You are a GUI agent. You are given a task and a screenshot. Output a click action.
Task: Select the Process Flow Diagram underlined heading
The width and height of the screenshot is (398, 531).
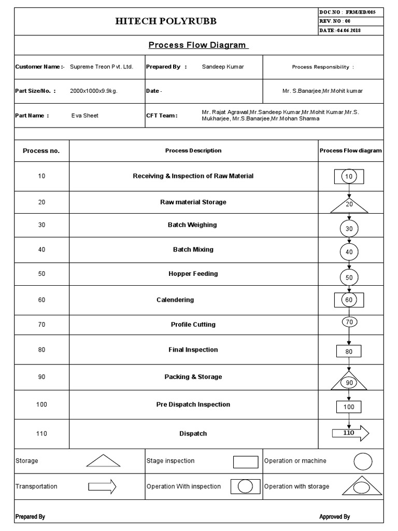coord(197,45)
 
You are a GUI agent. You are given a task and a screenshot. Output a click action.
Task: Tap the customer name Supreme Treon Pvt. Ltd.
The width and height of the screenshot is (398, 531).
coord(102,67)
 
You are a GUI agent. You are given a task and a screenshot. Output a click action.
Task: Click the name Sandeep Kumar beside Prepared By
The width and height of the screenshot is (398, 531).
coord(223,67)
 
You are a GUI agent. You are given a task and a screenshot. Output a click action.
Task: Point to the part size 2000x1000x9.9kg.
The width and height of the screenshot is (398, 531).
coord(94,91)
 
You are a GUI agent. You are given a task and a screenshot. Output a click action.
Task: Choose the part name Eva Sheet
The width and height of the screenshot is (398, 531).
coord(84,116)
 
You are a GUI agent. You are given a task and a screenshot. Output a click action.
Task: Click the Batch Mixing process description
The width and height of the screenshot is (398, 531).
coord(193,249)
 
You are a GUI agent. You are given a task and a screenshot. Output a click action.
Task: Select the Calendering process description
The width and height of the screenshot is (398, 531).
coord(175,300)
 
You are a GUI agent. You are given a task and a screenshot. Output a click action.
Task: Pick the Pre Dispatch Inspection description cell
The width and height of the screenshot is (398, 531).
coord(193,404)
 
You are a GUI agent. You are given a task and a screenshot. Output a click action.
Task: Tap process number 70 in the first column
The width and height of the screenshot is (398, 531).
coord(41,325)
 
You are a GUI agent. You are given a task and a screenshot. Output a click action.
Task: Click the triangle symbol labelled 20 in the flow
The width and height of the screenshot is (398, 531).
coord(349,205)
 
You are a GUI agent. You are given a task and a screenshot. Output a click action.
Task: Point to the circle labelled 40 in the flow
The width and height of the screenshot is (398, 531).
coord(349,252)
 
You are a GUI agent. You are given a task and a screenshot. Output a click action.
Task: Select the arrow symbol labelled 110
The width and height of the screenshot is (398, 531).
coord(350,432)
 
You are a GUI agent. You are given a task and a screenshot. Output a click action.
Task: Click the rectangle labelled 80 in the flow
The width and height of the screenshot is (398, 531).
coord(349,352)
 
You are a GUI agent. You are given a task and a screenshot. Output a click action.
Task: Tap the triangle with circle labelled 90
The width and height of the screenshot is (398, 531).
coord(349,382)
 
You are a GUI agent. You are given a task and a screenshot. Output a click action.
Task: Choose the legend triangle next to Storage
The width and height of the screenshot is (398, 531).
coord(103,460)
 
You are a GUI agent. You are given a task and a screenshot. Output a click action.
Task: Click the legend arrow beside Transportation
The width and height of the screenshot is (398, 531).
coord(102,486)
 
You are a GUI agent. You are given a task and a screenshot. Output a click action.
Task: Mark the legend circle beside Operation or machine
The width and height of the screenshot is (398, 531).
coord(363,461)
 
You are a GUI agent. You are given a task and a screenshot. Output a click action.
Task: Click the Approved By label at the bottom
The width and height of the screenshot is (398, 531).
coord(334,516)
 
